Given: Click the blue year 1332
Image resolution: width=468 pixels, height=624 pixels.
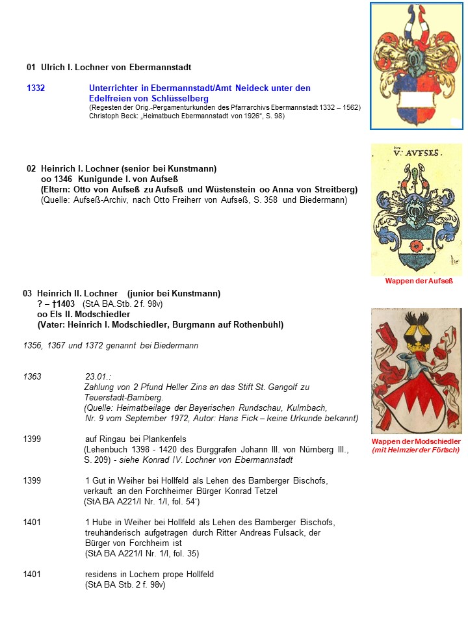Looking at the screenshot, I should [x=36, y=88].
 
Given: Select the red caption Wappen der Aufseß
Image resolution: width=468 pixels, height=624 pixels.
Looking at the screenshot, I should [x=419, y=281].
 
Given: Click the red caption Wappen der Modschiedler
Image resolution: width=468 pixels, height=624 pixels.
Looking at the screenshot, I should [x=416, y=441].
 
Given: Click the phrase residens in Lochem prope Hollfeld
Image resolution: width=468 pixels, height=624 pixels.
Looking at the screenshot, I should [x=149, y=575].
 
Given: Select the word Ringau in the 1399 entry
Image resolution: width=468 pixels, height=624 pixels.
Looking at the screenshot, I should [x=113, y=439].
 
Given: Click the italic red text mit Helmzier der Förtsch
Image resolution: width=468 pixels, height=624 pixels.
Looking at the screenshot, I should [x=415, y=450].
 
